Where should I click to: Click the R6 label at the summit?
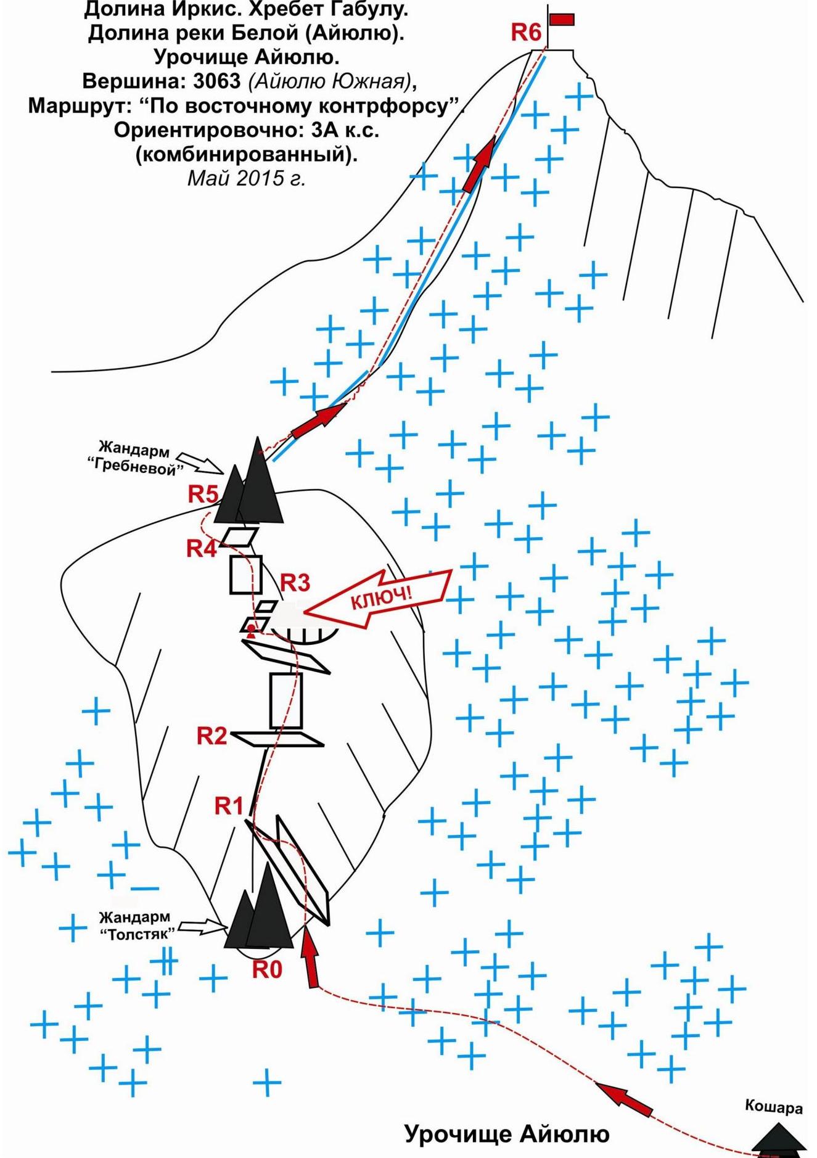tap(526, 32)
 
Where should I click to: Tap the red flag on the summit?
tap(562, 20)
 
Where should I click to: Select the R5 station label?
tap(203, 494)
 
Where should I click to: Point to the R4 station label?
tap(202, 548)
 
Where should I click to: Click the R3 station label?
tap(295, 583)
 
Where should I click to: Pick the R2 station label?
tap(212, 736)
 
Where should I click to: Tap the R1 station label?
tap(229, 805)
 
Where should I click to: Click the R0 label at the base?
tap(267, 970)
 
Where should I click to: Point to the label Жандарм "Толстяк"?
tap(135, 926)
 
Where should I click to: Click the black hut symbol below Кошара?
tap(779, 1138)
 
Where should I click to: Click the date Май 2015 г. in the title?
tap(247, 178)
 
